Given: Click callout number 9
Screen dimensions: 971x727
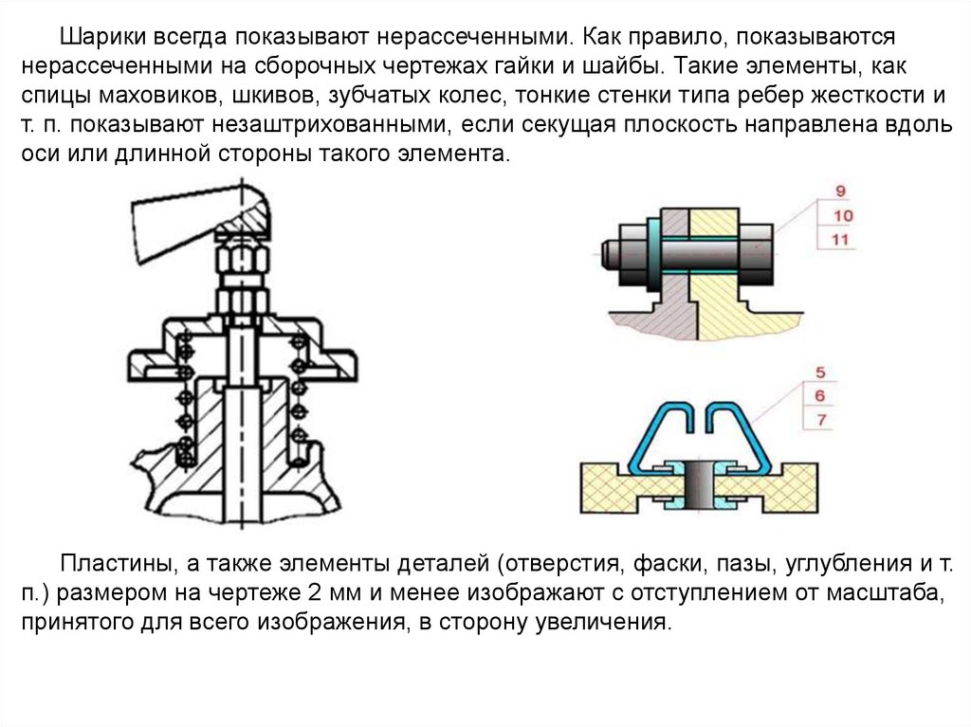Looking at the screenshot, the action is coord(840,192).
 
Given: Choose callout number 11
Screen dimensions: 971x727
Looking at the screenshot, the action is coord(840,240).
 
